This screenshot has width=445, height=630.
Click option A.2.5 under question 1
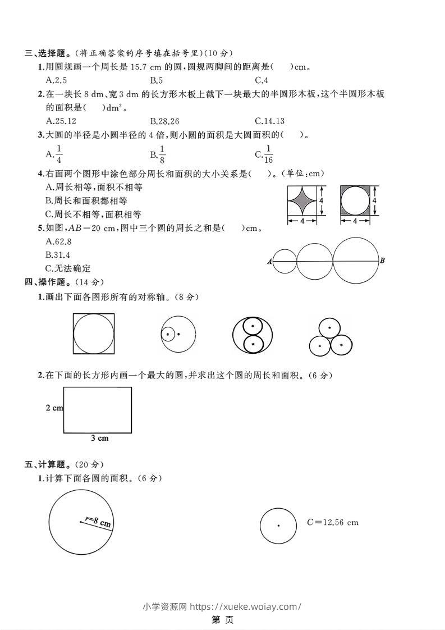tap(56, 80)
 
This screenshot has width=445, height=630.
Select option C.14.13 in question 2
tap(269, 121)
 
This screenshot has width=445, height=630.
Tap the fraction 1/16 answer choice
tap(264, 153)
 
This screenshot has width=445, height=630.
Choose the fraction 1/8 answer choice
tap(158, 153)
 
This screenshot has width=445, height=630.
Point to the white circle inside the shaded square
tap(355, 200)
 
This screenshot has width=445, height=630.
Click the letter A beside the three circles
tap(269, 261)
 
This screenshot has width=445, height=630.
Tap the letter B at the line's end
tap(382, 261)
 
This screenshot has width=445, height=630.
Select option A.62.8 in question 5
tap(58, 241)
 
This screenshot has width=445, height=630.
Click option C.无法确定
tap(67, 268)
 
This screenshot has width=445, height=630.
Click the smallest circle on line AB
tap(285, 261)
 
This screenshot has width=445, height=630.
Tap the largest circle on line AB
tap(356, 260)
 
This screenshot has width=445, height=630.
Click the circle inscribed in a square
tap(94, 334)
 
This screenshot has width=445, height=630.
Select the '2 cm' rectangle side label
tap(54, 408)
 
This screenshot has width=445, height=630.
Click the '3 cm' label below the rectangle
tap(99, 438)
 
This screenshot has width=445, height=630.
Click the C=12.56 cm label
tap(332, 522)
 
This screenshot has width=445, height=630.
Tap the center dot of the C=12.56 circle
tap(279, 526)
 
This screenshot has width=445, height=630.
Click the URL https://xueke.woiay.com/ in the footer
tap(245, 606)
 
